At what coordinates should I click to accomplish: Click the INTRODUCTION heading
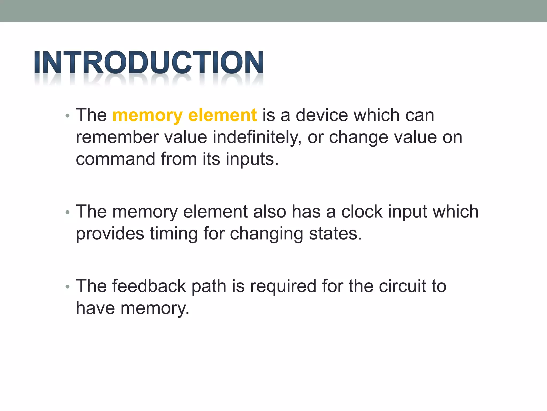149,62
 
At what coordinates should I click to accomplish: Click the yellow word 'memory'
147,116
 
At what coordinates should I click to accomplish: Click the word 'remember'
117,137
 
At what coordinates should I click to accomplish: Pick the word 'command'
115,159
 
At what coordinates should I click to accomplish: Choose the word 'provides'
110,234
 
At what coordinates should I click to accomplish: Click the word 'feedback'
149,286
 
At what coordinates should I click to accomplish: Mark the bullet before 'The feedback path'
67,287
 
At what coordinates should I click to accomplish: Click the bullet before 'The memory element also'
67,212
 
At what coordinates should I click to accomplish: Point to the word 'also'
269,212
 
